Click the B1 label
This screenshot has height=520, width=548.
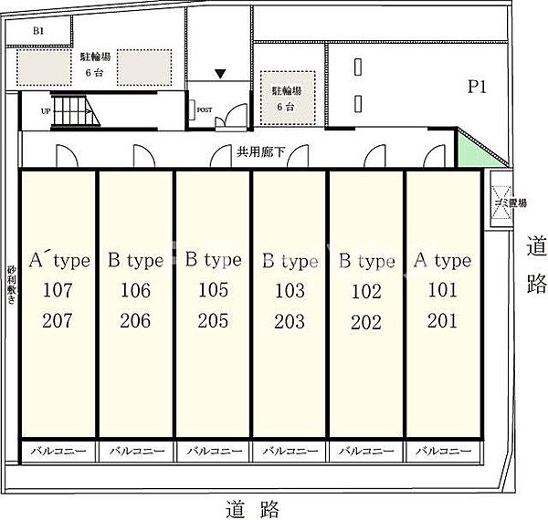coord(38,31)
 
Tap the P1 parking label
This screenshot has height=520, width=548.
coord(477,88)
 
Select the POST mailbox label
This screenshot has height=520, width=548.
coord(205,110)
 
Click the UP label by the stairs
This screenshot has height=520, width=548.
coord(46,110)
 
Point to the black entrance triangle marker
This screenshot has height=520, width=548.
coord(220,74)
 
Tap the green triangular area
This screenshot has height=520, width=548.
coord(469,151)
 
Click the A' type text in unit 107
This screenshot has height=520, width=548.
coord(59,261)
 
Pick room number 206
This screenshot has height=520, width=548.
coord(135,320)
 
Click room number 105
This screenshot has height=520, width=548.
coord(212,291)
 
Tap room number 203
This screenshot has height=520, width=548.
coord(289,320)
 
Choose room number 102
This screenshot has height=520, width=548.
coord(365,291)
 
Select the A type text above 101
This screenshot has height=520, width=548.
coord(442,261)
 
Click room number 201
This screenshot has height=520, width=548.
coord(442,320)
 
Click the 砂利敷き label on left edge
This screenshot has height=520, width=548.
coord(11,290)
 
